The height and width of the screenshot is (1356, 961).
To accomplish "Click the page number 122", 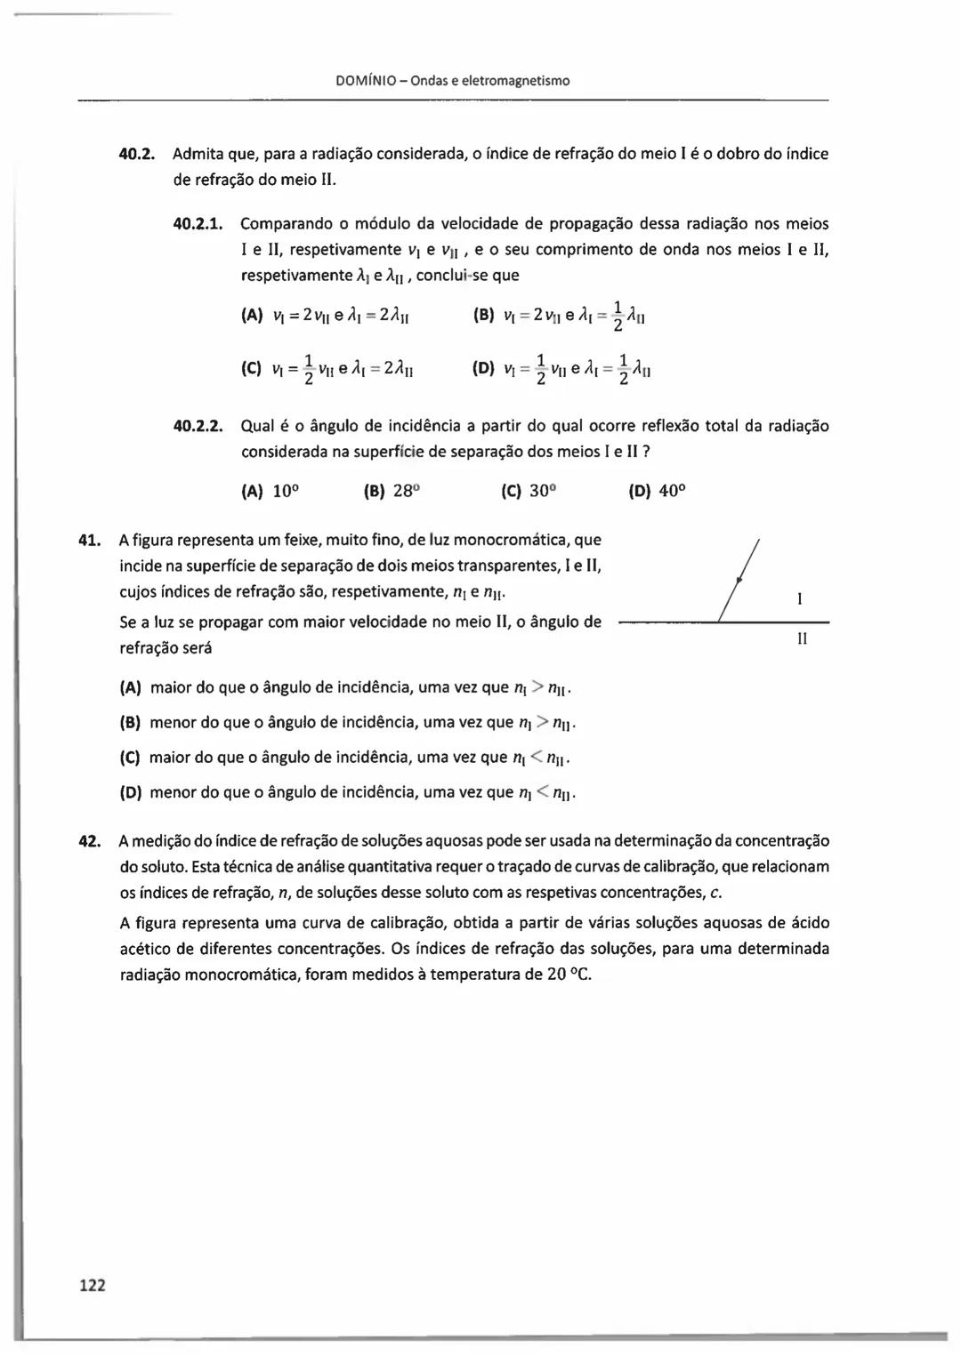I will click(93, 1284).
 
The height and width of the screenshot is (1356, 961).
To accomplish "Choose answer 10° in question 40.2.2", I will click(283, 491).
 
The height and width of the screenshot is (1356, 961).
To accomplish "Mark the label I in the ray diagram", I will click(800, 600).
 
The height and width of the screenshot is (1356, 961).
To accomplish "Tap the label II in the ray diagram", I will click(802, 638).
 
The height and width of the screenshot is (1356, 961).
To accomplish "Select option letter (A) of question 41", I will click(131, 687).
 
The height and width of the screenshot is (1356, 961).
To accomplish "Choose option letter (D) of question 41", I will click(131, 792).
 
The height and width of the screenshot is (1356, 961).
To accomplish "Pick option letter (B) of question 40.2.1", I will click(485, 315).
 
